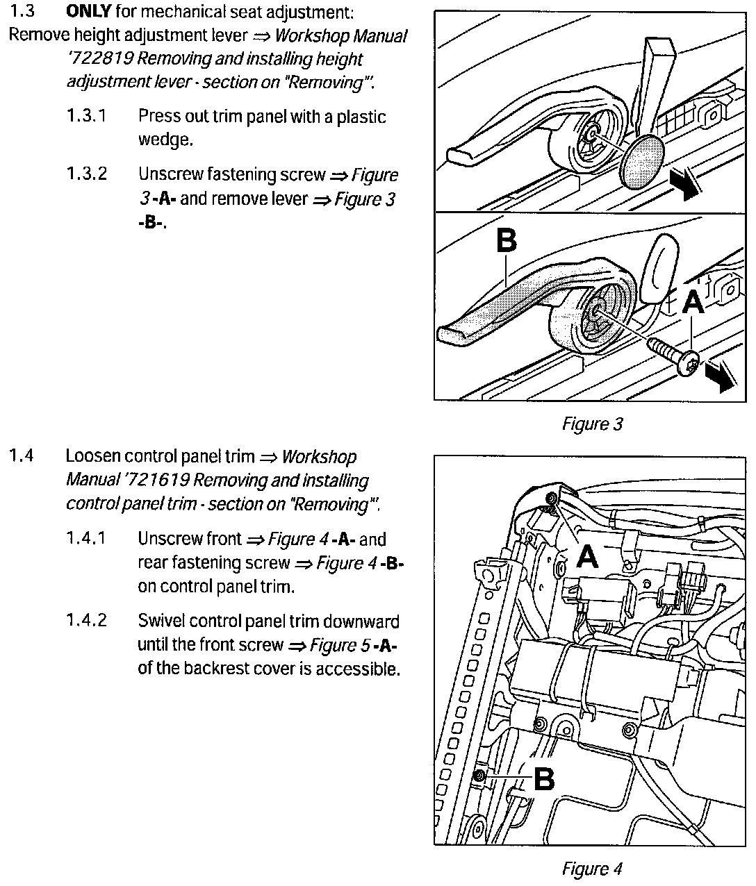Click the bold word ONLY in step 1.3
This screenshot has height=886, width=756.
click(89, 12)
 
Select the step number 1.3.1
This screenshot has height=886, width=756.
click(87, 115)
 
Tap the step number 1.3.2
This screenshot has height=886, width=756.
click(87, 174)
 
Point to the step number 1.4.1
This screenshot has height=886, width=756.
click(87, 538)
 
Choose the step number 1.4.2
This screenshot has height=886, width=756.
click(87, 620)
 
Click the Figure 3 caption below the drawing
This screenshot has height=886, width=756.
click(592, 424)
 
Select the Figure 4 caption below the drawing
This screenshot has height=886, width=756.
click(592, 868)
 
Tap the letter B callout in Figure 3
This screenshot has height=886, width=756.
click(507, 241)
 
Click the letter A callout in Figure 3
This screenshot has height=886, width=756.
click(693, 302)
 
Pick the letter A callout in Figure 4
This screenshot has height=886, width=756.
click(587, 555)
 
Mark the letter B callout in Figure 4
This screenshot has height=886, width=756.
click(543, 778)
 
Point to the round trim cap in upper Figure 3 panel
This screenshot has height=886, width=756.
click(642, 160)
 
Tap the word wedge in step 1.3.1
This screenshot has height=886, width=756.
click(164, 140)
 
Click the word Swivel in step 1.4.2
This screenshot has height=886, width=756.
click(161, 620)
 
